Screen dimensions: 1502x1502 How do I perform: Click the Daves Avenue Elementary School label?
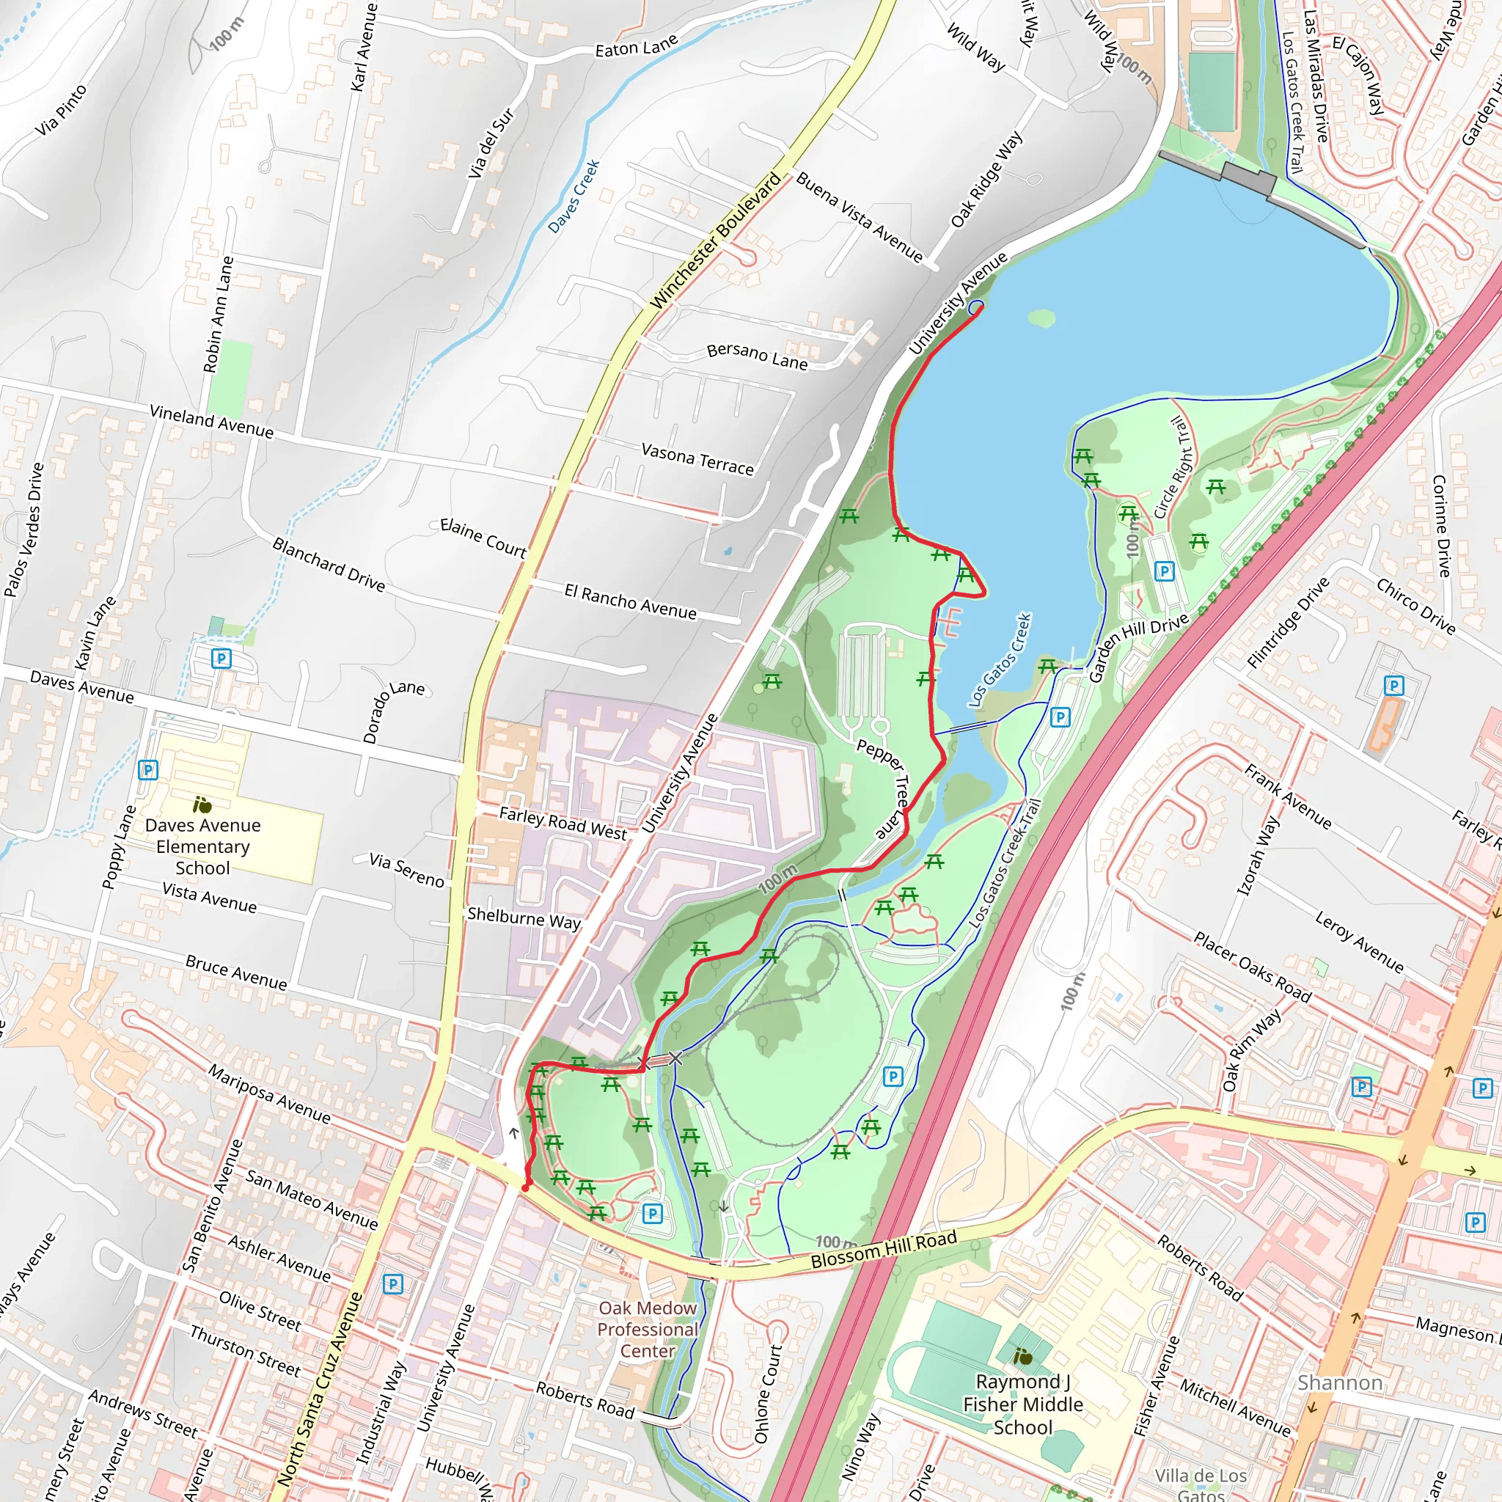tap(203, 846)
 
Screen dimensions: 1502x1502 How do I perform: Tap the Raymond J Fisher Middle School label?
tap(1022, 1404)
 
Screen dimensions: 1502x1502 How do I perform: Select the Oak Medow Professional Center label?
tap(647, 1330)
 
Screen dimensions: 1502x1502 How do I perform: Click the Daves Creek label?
tap(574, 196)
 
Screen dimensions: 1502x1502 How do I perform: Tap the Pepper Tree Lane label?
tap(884, 788)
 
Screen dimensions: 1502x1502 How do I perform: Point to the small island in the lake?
tap(1041, 317)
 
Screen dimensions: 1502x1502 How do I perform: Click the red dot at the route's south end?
tap(526, 1188)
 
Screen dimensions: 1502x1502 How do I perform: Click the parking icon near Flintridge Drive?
tap(1394, 686)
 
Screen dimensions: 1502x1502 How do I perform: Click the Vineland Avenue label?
tap(211, 422)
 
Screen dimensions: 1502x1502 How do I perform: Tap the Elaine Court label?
tap(483, 537)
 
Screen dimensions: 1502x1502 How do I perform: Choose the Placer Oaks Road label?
tap(1253, 967)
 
